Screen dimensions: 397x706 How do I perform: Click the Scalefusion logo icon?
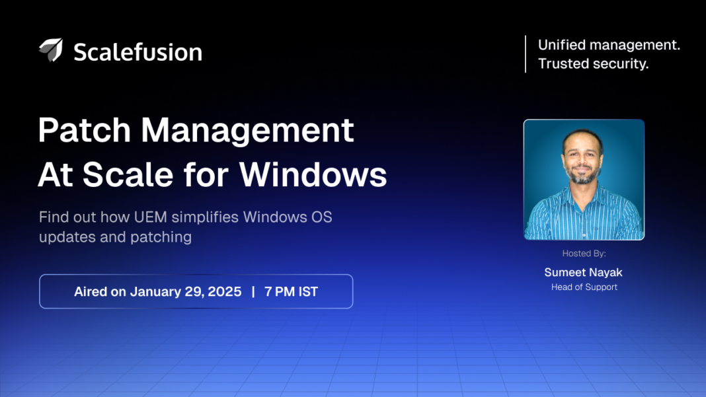(x=51, y=50)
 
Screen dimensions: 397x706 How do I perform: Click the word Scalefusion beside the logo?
(x=137, y=52)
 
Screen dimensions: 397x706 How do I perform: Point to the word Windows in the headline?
(x=313, y=175)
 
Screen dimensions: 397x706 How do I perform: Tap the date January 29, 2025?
(x=186, y=291)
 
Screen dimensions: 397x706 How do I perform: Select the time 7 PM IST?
(x=291, y=291)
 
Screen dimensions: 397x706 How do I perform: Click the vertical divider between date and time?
(x=253, y=291)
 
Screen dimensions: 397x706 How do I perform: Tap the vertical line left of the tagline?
(x=526, y=54)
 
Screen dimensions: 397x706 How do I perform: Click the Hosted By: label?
(x=584, y=254)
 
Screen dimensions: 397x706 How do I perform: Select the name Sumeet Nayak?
(x=584, y=272)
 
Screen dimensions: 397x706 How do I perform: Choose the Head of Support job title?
(x=584, y=287)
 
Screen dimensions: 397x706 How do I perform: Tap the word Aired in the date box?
(x=91, y=291)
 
